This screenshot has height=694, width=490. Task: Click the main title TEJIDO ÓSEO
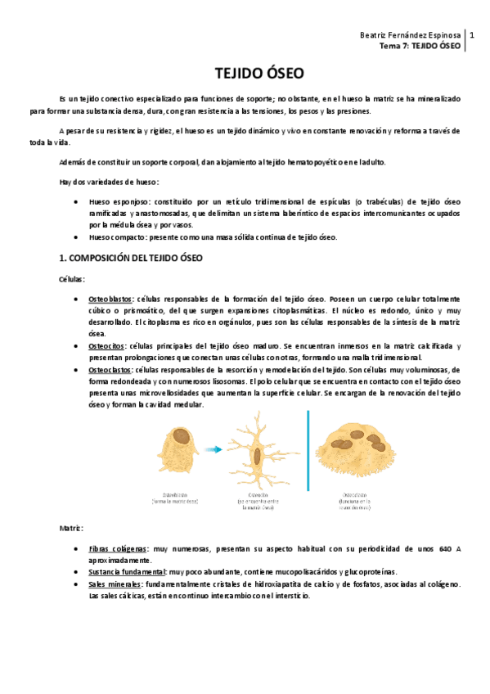pos(245,72)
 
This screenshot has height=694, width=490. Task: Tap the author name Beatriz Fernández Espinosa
pos(410,36)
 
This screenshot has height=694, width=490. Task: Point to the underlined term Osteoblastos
pos(112,299)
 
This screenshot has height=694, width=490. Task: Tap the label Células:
pos(72,279)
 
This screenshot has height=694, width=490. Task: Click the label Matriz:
pos(71,528)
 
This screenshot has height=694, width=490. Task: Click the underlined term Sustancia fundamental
pos(126,572)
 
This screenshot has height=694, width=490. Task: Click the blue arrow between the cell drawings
pos(214,449)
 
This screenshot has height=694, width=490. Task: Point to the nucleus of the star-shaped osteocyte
pos(257,455)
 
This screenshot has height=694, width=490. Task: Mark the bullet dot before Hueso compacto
pos(75,237)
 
